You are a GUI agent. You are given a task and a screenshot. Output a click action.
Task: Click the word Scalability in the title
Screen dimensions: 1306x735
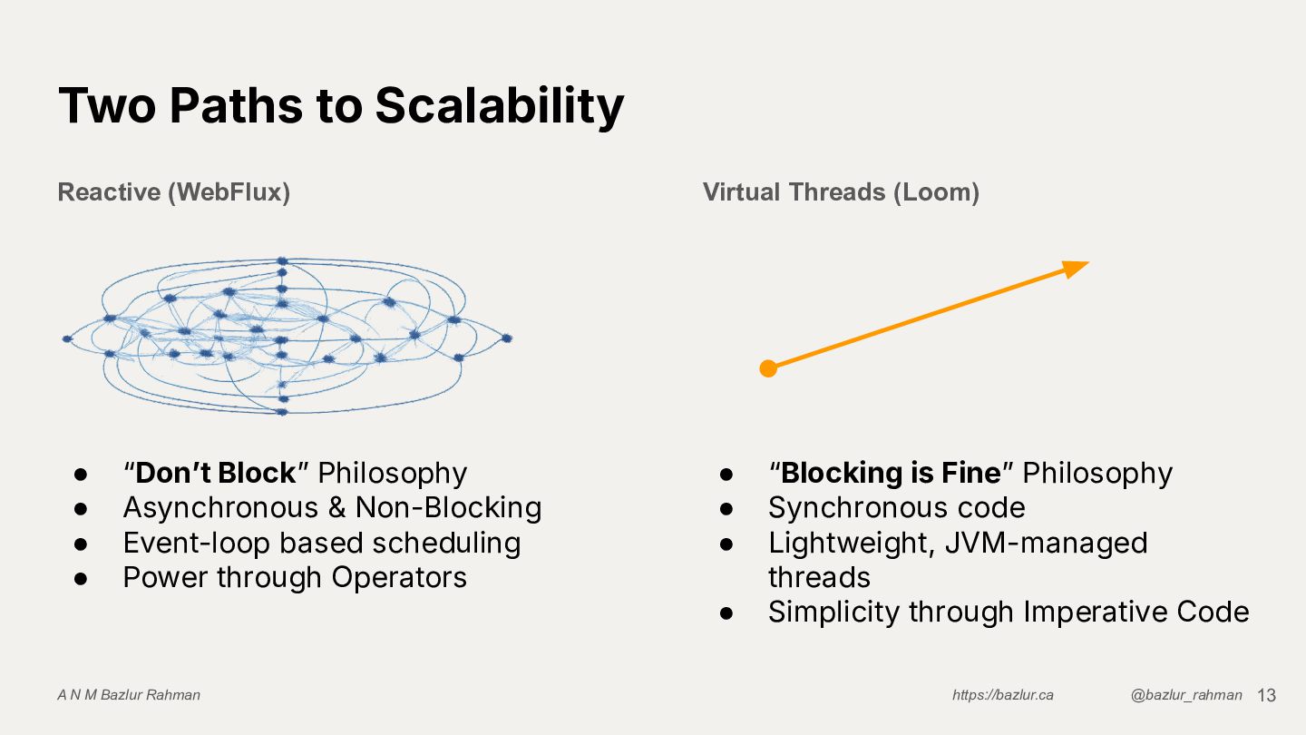tap(499, 106)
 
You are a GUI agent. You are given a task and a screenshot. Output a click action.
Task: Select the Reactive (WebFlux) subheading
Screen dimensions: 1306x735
tap(173, 192)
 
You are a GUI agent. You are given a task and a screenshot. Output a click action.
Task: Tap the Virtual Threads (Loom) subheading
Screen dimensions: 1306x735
tap(841, 192)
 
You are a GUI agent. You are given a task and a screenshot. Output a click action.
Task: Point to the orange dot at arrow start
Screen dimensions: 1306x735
tap(768, 368)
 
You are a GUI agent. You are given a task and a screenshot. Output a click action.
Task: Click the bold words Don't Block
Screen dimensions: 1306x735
tap(216, 474)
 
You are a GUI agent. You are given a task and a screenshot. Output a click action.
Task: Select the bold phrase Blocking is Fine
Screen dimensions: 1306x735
tap(891, 474)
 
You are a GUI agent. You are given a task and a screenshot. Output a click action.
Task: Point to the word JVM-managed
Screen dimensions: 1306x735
tap(1046, 543)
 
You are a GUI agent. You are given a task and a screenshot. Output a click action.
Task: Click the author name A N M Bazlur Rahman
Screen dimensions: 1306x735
tap(129, 695)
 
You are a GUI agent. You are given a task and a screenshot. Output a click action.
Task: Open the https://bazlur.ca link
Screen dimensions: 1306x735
tap(1002, 695)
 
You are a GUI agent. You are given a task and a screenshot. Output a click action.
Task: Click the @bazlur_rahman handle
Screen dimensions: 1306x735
tap(1186, 695)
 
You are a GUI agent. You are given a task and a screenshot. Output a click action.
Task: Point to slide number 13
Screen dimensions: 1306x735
tap(1266, 695)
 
